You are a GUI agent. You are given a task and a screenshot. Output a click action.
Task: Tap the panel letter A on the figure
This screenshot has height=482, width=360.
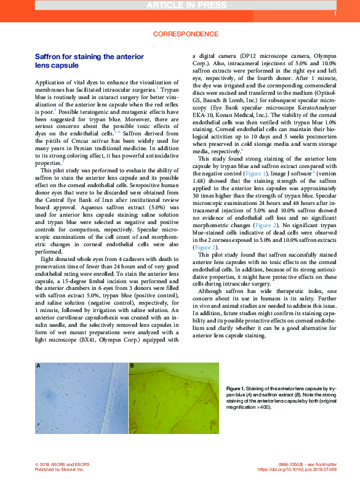[x=38, y=366]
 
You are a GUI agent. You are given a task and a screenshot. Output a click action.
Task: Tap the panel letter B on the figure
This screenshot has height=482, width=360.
[x=132, y=366]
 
